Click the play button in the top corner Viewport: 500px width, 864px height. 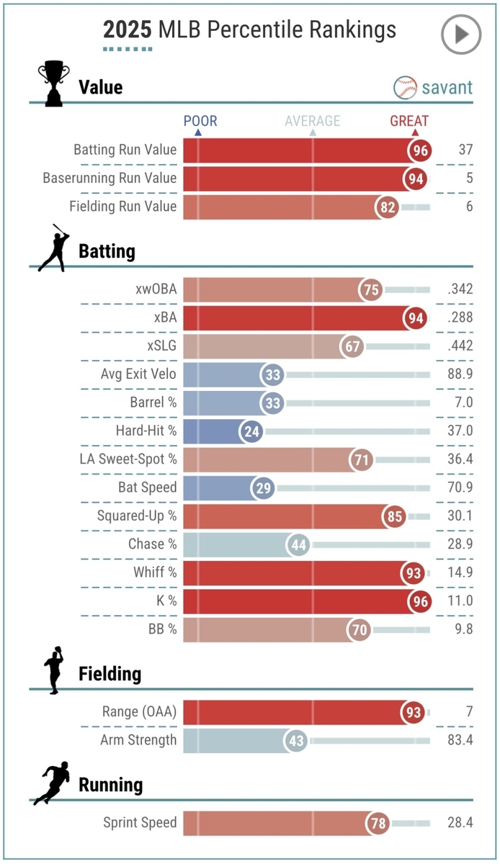pyautogui.click(x=460, y=34)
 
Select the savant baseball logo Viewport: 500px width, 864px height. pyautogui.click(x=406, y=88)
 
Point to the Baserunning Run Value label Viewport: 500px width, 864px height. pyautogui.click(x=110, y=178)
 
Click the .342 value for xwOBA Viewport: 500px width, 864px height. pyautogui.click(x=460, y=289)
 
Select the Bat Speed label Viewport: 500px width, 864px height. pyautogui.click(x=148, y=487)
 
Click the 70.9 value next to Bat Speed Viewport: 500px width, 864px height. pyautogui.click(x=460, y=487)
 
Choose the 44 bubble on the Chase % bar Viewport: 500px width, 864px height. pyautogui.click(x=299, y=545)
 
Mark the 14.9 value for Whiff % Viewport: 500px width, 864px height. pyautogui.click(x=460, y=572)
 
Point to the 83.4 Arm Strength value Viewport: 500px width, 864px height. pyautogui.click(x=460, y=740)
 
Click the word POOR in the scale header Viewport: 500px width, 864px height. pyautogui.click(x=200, y=121)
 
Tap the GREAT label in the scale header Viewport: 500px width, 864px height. pyautogui.click(x=409, y=121)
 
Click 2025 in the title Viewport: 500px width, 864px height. pyautogui.click(x=128, y=30)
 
